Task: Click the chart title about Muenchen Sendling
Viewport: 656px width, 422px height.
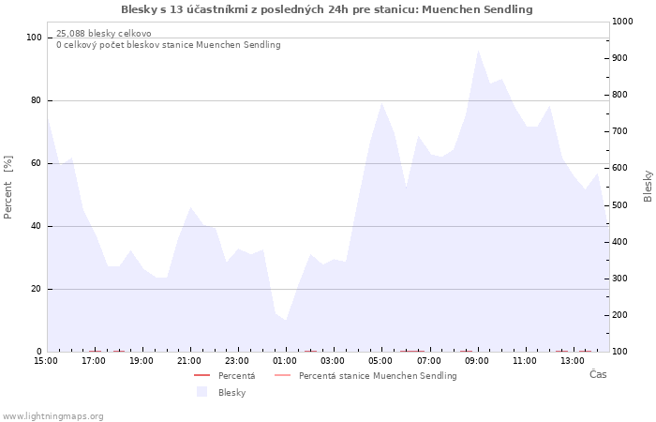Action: coord(327,9)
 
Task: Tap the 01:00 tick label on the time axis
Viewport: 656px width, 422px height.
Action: coord(285,361)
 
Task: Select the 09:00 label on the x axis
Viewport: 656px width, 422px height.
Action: coord(476,361)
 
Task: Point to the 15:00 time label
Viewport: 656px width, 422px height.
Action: coord(46,361)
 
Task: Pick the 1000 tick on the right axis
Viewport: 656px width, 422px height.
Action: coord(622,22)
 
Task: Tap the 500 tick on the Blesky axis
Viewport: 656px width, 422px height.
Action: coord(620,205)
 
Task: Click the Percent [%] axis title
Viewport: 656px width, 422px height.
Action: coord(7,188)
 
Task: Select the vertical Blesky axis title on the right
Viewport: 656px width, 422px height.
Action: coord(648,186)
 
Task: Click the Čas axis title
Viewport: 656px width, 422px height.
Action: coord(598,374)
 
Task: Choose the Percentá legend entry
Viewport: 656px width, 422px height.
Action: coord(224,376)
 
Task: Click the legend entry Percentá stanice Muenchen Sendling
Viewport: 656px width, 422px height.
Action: coord(365,376)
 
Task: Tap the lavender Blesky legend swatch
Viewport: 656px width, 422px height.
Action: coord(202,392)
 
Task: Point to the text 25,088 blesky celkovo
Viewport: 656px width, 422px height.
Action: coord(104,34)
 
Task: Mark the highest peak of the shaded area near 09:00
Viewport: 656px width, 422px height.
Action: coord(478,51)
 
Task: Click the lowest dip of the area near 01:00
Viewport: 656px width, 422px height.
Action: coord(286,321)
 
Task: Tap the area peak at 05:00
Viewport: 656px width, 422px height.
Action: coord(381,103)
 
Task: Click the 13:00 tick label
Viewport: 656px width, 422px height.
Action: coord(573,361)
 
